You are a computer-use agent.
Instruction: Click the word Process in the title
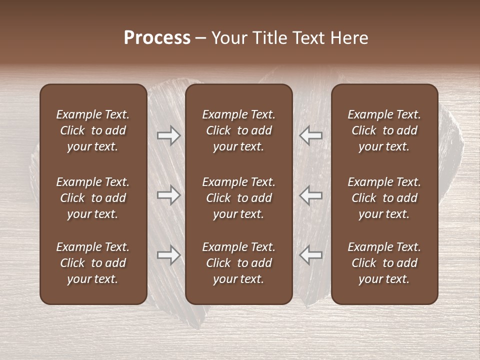tap(157, 38)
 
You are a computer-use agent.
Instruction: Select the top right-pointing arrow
tap(168, 135)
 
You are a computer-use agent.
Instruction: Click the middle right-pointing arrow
tap(168, 195)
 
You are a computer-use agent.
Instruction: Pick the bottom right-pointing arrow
tap(168, 255)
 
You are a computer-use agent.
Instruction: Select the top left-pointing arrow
tap(311, 135)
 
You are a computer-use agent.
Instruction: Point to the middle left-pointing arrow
tap(311, 195)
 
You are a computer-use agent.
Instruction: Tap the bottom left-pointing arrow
tap(311, 255)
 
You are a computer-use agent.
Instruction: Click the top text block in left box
tap(93, 130)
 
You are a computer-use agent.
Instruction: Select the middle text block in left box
tap(93, 198)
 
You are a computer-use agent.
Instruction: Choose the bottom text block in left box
tap(93, 263)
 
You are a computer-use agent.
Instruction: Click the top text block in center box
tap(238, 130)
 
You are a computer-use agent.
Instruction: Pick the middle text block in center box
tap(238, 198)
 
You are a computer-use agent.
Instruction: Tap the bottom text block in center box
tap(238, 263)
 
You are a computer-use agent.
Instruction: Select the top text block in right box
tap(384, 130)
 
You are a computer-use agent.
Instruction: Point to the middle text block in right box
tap(384, 198)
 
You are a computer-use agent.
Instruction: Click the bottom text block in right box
tap(384, 263)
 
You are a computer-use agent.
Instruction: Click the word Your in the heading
tap(228, 38)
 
